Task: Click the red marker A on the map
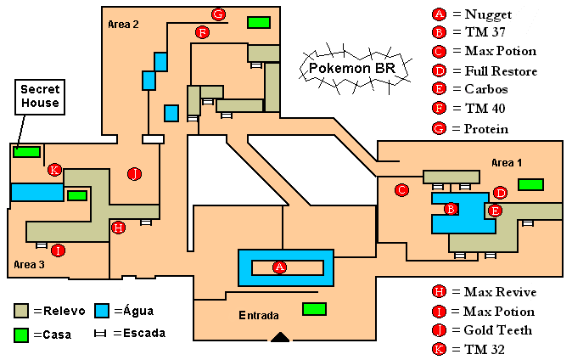279,267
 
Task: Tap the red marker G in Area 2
218,14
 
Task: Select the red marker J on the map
133,174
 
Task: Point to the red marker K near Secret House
54,170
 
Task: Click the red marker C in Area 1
402,190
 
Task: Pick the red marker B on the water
451,209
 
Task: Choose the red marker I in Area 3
58,250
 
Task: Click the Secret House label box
40,96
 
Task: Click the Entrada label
259,315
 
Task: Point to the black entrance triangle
280,338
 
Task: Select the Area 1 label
507,162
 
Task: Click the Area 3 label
30,266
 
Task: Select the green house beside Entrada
315,308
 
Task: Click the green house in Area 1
531,184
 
